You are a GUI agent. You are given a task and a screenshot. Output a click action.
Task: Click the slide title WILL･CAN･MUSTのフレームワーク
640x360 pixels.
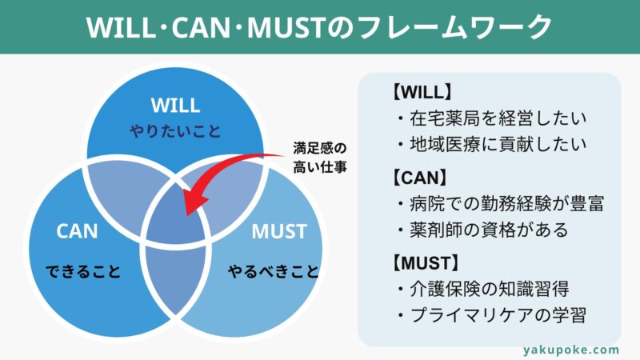pos(318,27)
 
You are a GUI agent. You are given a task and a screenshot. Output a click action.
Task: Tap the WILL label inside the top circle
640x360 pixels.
pos(175,106)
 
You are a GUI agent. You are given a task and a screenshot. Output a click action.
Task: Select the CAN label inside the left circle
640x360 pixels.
pos(77,231)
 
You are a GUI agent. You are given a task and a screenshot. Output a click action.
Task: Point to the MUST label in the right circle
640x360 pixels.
pos(279,231)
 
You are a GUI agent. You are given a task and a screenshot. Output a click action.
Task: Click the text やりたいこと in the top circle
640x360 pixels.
pos(175,131)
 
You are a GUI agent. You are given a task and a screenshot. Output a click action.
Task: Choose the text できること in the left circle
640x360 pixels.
pos(83,271)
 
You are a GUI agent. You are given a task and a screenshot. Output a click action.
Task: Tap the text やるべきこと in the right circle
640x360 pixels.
pos(274,271)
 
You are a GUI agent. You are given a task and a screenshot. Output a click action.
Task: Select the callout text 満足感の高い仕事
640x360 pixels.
pos(319,158)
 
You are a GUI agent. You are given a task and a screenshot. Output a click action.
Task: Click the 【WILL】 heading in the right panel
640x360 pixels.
pos(422,92)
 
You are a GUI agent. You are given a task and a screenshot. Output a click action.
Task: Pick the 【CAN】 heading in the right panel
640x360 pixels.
pos(419,178)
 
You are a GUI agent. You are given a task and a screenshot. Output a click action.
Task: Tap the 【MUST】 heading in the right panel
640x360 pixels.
pos(426,263)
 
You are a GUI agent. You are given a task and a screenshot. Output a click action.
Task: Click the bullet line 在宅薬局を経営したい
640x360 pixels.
pos(492,118)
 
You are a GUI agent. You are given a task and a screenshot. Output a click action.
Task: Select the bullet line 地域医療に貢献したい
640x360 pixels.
pos(492,144)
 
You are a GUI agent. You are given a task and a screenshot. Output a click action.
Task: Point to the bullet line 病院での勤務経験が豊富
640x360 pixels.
pos(501,204)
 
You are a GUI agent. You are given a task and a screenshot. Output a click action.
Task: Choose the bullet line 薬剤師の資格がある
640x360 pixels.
pos(483,230)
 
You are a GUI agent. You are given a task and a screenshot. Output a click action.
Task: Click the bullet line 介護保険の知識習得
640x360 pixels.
pos(483,289)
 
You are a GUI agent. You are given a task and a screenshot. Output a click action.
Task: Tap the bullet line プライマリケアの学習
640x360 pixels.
pos(492,315)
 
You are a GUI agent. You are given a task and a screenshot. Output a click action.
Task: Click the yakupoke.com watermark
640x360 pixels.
pos(571,350)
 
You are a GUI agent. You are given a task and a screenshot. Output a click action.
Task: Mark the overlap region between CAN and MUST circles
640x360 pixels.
pos(176,278)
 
